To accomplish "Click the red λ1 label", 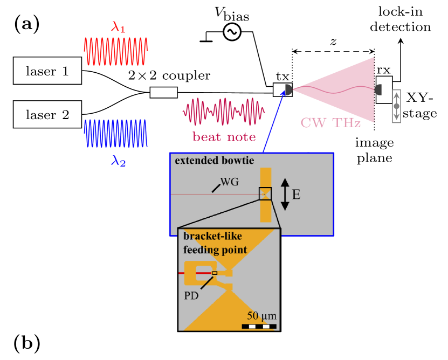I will coord(118,27).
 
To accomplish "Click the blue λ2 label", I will coord(118,161).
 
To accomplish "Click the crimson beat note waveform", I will coord(223,112).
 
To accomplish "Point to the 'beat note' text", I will coord(224,137).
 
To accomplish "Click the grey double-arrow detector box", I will coord(396,106).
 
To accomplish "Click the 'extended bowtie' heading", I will coord(214,161).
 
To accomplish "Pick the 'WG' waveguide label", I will coord(229,182).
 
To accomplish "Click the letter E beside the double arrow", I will coord(296,195).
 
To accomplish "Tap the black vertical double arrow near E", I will coord(285,195).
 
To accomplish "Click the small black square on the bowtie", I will coord(265,193).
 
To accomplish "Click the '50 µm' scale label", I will coord(261,316).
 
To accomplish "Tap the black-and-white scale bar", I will coord(259,326).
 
